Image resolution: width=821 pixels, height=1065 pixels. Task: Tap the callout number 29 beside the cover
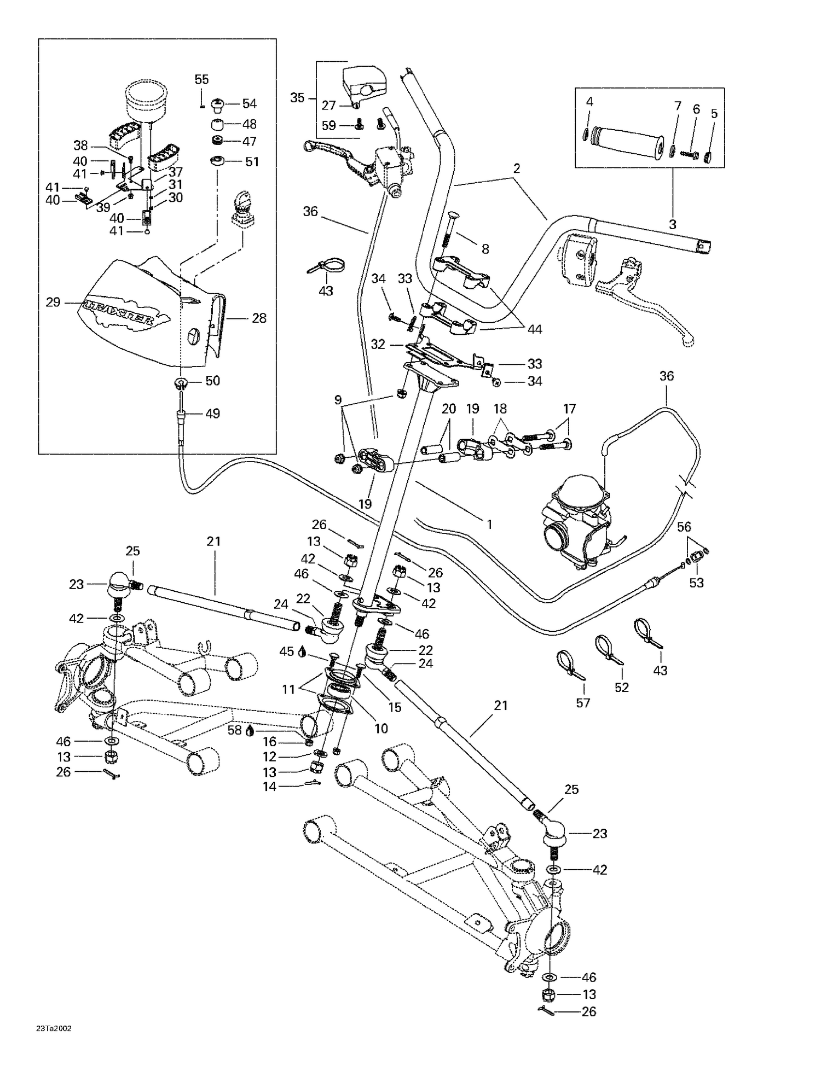53,302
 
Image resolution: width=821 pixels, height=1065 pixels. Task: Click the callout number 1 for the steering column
489,525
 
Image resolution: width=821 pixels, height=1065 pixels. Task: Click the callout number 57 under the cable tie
583,702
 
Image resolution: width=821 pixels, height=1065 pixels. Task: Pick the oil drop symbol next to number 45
302,651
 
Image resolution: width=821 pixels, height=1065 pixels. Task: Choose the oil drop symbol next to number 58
250,730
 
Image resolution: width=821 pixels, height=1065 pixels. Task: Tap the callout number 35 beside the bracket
297,98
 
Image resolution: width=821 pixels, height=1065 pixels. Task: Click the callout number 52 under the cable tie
622,687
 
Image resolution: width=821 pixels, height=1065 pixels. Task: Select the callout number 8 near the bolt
485,249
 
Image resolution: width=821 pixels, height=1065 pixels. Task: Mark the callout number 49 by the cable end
212,414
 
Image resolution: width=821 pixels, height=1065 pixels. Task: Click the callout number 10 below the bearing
381,729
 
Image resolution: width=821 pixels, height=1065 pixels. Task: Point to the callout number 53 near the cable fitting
696,583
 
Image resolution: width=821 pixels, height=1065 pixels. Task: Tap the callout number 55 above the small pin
202,79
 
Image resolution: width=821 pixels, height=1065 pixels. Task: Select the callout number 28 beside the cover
258,318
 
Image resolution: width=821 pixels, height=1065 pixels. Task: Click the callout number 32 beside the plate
378,344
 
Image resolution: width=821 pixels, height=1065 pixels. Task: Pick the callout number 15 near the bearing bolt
394,707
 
